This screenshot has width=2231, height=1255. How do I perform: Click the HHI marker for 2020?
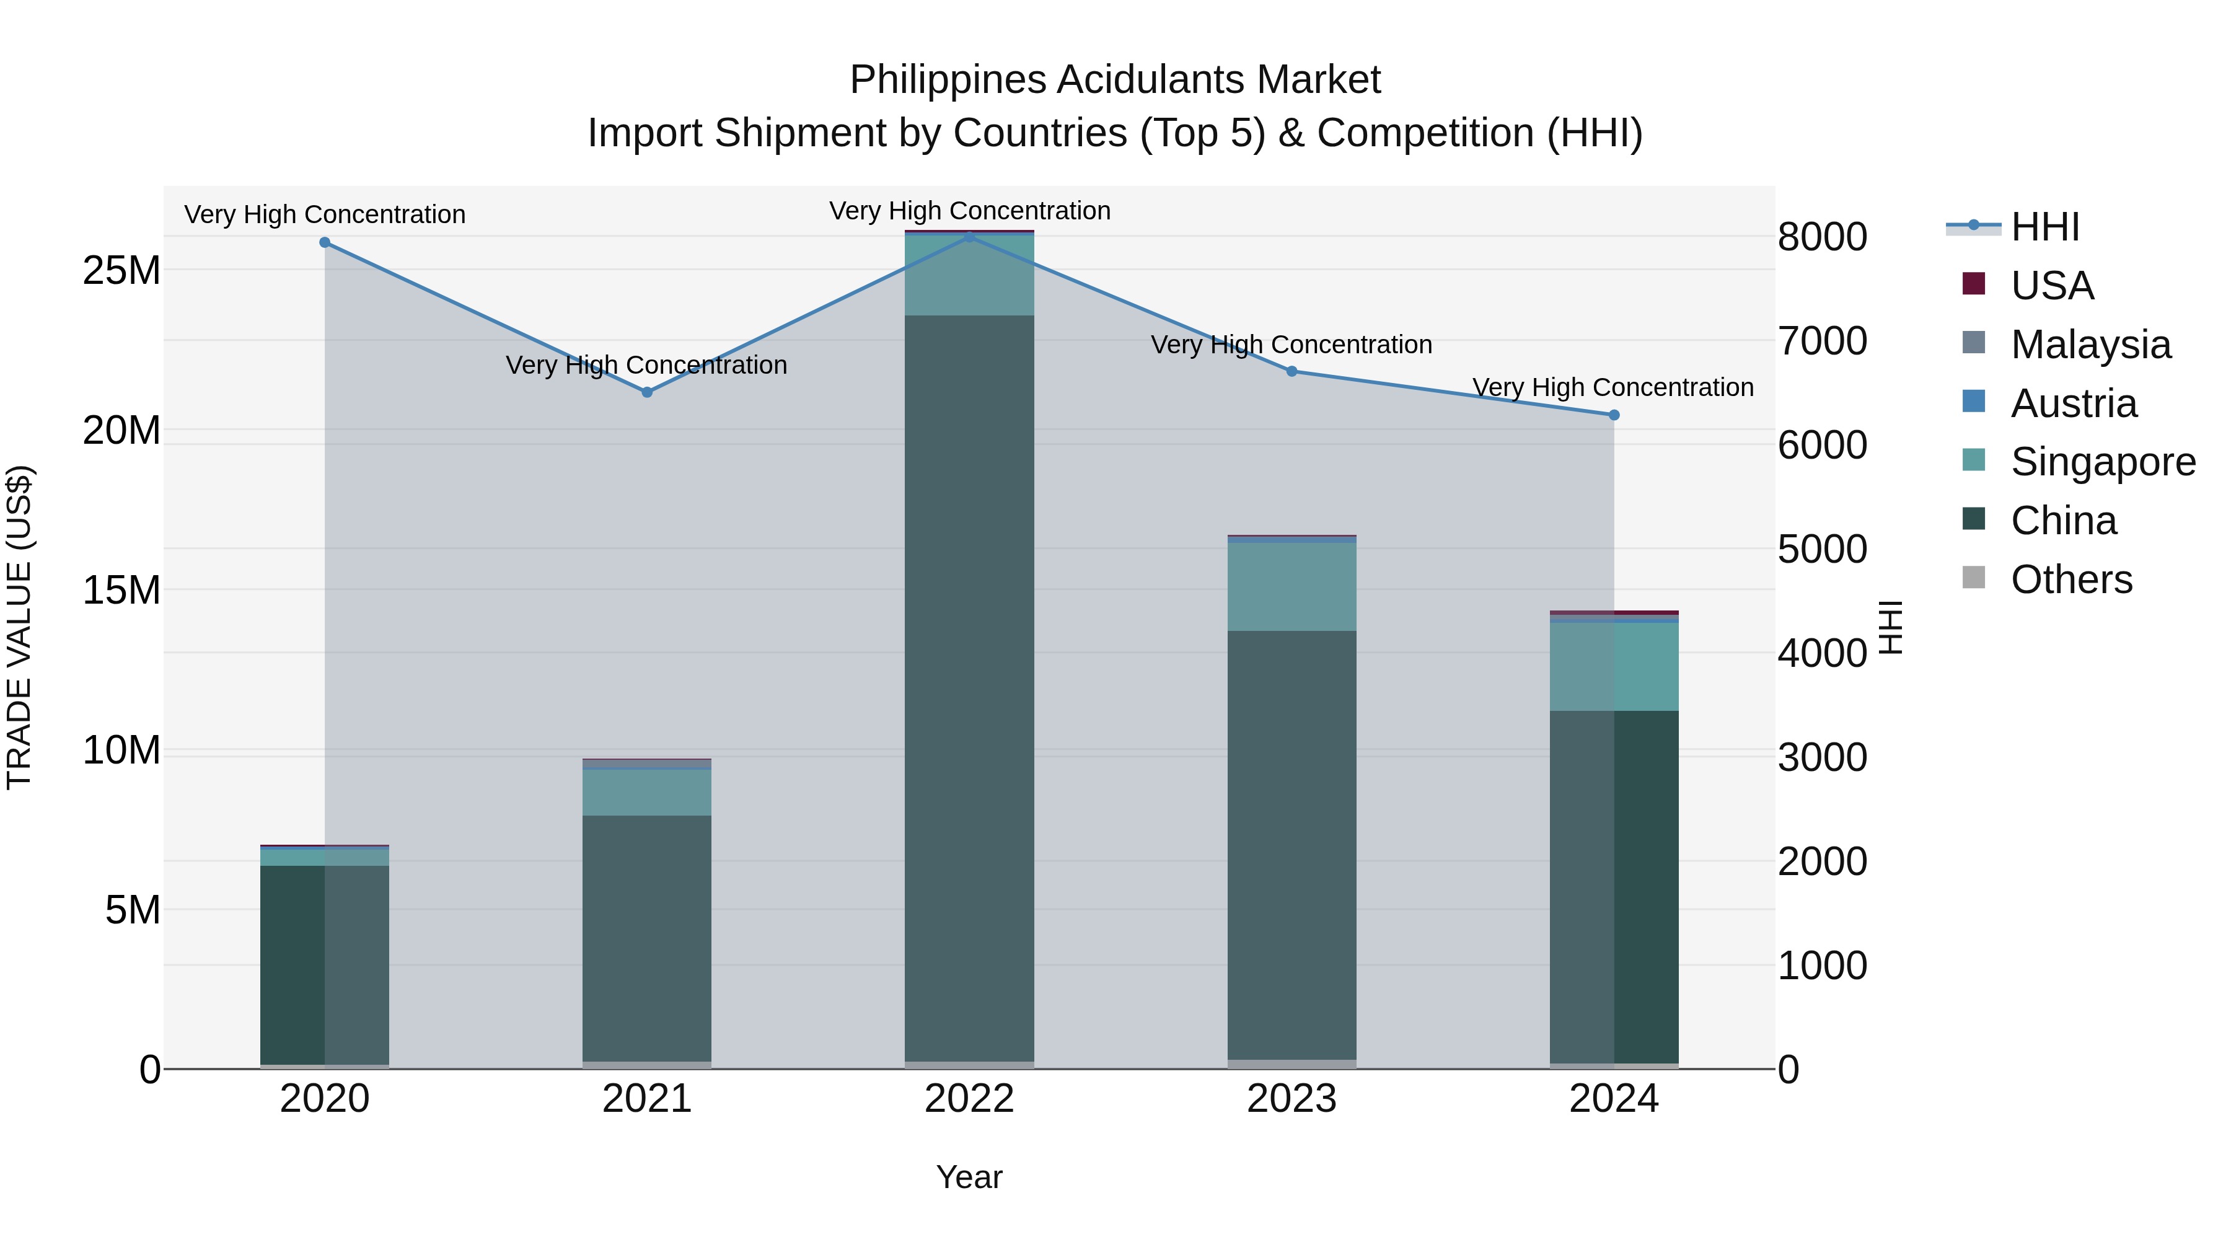[325, 242]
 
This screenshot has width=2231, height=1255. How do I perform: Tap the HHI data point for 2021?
[647, 392]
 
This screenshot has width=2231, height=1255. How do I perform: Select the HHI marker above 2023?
[1292, 372]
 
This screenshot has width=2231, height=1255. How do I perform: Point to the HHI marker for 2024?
[1614, 415]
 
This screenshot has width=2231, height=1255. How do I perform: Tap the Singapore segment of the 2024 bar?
[1614, 666]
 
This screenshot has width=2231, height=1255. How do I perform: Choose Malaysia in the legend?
[2090, 345]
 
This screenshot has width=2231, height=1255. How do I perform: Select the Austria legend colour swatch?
[1974, 402]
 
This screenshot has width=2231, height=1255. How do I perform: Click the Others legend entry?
[2070, 579]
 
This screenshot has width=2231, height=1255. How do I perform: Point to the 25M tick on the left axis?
[121, 271]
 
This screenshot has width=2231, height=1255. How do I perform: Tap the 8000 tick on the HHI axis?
[1822, 237]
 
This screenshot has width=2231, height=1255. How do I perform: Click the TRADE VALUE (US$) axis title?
[19, 627]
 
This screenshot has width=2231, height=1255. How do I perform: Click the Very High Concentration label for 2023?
[1292, 345]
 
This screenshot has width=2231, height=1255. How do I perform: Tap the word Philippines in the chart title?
[948, 81]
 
